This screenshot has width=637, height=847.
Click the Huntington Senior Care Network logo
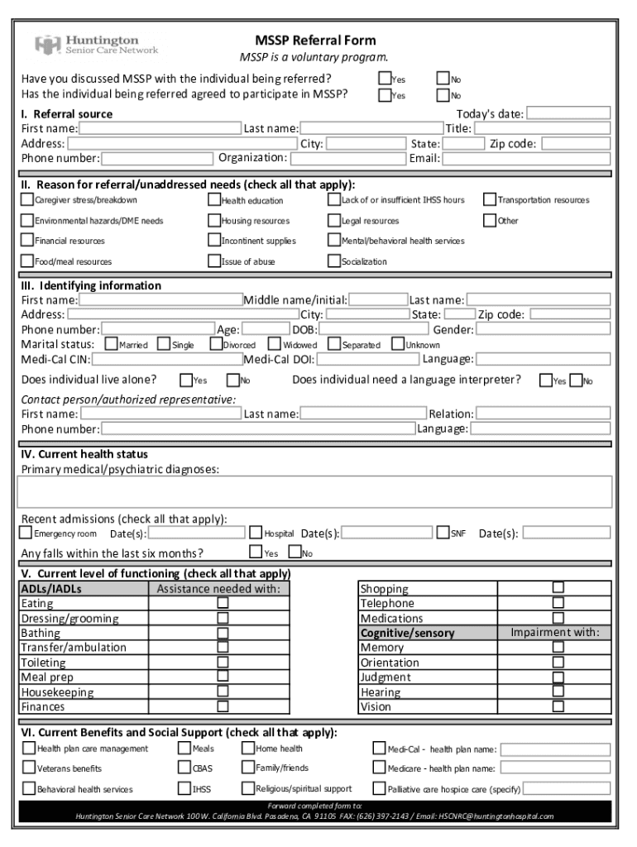pos(97,44)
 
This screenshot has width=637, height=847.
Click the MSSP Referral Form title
pos(314,40)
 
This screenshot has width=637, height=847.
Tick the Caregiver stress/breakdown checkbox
pos(27,199)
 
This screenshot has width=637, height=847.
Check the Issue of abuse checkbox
pos(214,261)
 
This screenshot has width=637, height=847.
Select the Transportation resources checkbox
pos(490,199)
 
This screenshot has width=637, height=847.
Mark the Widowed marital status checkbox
pos(275,344)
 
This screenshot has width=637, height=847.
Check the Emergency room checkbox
pos(26,534)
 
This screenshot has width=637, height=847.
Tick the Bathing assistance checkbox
pos(223,633)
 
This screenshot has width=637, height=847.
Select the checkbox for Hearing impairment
pos(558,691)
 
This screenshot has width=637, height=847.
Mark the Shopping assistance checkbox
pos(558,588)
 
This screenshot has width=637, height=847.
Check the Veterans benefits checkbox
pos(29,768)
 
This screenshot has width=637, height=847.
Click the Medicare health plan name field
pos(555,768)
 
